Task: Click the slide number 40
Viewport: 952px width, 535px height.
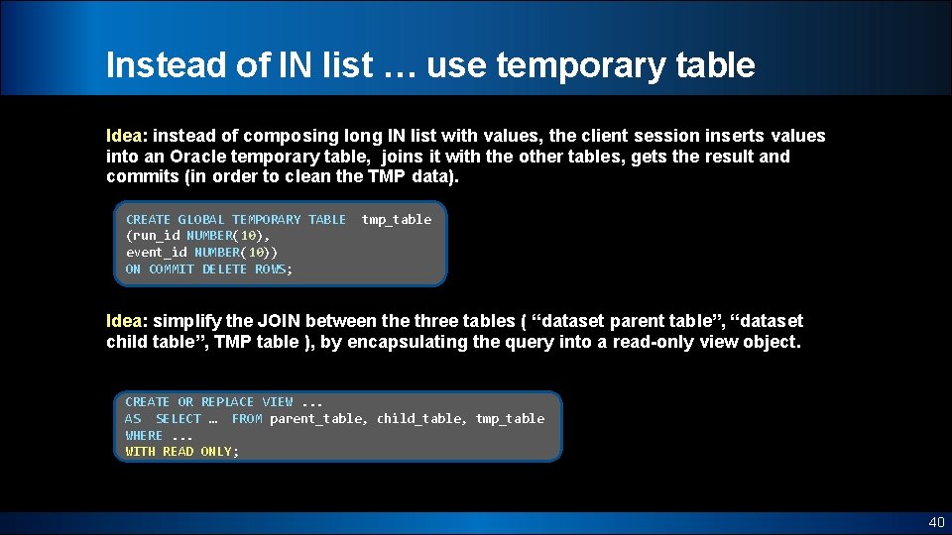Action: pos(936,521)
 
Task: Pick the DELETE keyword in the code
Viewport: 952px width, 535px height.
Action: pos(225,269)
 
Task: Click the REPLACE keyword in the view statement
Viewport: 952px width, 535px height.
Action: pos(227,402)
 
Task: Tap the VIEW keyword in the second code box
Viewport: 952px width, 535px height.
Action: pos(278,402)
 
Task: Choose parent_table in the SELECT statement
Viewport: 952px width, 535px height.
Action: pos(316,419)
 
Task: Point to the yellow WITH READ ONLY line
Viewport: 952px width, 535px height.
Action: pos(181,452)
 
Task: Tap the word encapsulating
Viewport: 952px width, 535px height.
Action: pos(473,342)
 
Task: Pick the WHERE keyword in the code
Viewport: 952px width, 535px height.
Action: pos(144,436)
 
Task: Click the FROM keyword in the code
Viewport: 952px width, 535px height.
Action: pos(247,419)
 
